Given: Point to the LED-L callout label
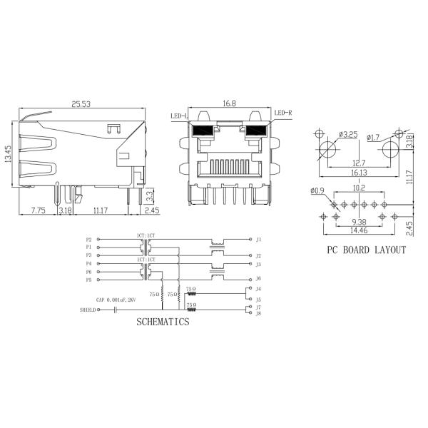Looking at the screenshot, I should pyautogui.click(x=178, y=116).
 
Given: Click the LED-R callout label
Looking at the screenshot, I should pyautogui.click(x=282, y=113).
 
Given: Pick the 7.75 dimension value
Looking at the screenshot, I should pyautogui.click(x=39, y=210).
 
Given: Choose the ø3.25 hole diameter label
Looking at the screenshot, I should pyautogui.click(x=347, y=134).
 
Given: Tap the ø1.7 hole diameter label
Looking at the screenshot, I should pyautogui.click(x=375, y=136).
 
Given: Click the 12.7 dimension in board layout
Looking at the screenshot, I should pyautogui.click(x=359, y=163).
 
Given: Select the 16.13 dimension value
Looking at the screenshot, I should pyautogui.click(x=359, y=173).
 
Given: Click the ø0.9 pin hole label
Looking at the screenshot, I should pyautogui.click(x=317, y=190).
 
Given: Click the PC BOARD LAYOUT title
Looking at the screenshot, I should pyautogui.click(x=366, y=250).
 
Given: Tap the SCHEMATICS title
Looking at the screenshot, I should pyautogui.click(x=163, y=322).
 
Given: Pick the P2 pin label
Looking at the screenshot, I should pyautogui.click(x=88, y=240).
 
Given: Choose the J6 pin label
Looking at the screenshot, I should pyautogui.click(x=258, y=278).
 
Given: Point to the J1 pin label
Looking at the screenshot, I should pyautogui.click(x=258, y=240).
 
